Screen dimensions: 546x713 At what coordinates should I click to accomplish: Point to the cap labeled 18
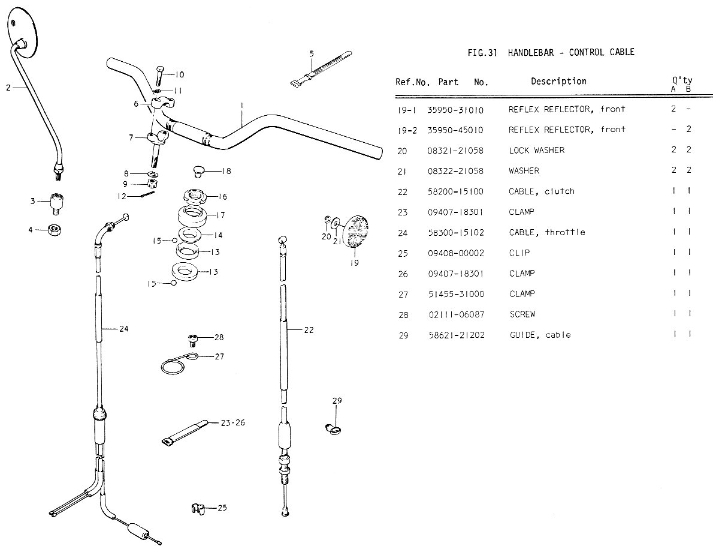pos(199,171)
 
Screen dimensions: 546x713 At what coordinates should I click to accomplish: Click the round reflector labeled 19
pos(355,230)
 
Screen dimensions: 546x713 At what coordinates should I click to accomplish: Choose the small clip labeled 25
pos(195,508)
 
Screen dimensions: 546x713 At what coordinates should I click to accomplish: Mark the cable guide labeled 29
pos(333,428)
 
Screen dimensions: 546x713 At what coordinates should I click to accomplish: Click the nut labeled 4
pos(55,229)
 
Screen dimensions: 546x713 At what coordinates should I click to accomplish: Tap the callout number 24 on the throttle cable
pos(123,329)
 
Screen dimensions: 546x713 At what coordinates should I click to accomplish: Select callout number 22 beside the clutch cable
pos(309,329)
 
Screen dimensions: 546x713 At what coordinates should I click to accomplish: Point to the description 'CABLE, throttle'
pos(547,232)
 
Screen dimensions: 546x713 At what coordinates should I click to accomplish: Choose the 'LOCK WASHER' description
pos(536,150)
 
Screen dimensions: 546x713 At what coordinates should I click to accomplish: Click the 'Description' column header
pos(558,81)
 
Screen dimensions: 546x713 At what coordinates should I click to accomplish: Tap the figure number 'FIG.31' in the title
pos(482,52)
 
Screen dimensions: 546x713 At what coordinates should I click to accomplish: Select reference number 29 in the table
pos(403,335)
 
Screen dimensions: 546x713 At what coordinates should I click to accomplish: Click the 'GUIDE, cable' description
pos(540,335)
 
